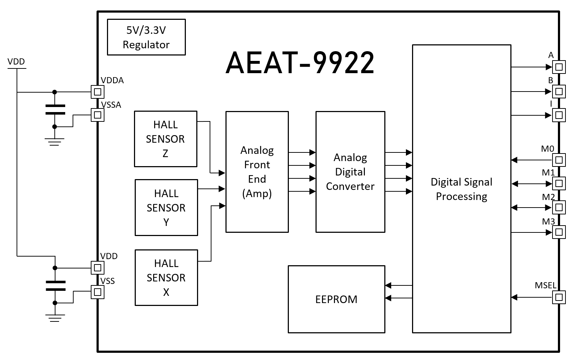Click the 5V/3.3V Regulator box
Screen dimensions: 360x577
pyautogui.click(x=146, y=37)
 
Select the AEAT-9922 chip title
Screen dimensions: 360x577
pyautogui.click(x=300, y=63)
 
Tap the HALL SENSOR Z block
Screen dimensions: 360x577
pyautogui.click(x=165, y=139)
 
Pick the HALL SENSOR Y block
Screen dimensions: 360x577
pyautogui.click(x=166, y=208)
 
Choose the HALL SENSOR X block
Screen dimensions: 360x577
pyautogui.click(x=166, y=277)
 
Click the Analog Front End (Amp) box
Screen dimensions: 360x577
pyautogui.click(x=257, y=172)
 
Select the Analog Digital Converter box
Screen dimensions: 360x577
pyautogui.click(x=350, y=172)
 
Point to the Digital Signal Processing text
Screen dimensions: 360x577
pyautogui.click(x=461, y=189)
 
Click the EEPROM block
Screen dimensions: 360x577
pyautogui.click(x=336, y=299)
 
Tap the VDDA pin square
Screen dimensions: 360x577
pyautogui.click(x=97, y=92)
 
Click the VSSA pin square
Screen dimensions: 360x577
pyautogui.click(x=97, y=115)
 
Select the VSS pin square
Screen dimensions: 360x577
pyautogui.click(x=97, y=292)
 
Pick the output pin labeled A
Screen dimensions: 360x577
pyautogui.click(x=559, y=67)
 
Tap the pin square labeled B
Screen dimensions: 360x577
pyautogui.click(x=559, y=92)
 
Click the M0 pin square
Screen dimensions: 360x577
pyautogui.click(x=559, y=160)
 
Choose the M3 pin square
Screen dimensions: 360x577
pyautogui.click(x=559, y=232)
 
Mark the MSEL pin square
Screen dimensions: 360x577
pyautogui.click(x=559, y=297)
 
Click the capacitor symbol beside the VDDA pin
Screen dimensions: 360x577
pyautogui.click(x=55, y=110)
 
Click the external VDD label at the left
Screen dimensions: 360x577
pyautogui.click(x=16, y=62)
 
